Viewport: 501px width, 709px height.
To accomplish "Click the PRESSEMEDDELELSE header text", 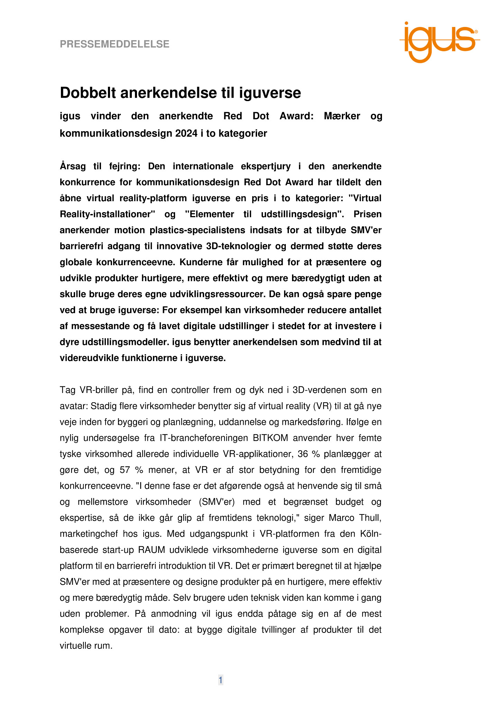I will (x=115, y=44).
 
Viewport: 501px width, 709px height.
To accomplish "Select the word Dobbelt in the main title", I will (x=88, y=93).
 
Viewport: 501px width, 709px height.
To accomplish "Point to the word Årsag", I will (x=73, y=167).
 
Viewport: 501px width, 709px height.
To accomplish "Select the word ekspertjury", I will (x=266, y=167).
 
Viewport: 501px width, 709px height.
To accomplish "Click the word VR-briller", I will (x=98, y=390).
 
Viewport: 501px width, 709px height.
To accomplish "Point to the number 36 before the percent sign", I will (x=303, y=454).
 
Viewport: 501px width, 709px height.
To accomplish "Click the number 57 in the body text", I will (x=125, y=470).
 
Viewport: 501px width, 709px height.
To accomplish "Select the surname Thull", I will (x=370, y=518).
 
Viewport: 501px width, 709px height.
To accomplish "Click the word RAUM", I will (x=150, y=550).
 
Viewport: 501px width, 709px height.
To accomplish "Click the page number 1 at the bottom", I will (x=220, y=680).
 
